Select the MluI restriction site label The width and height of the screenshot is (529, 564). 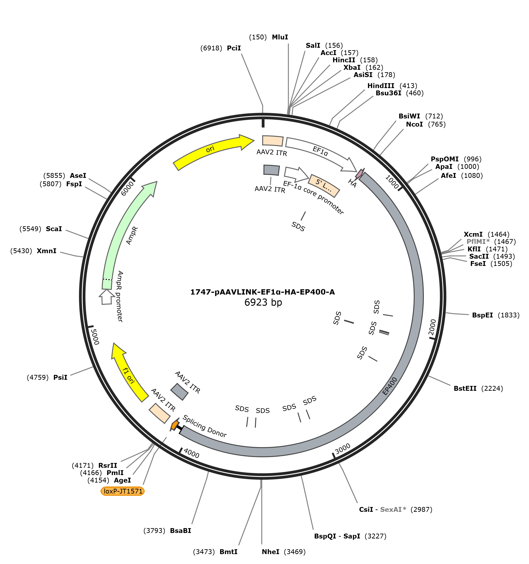[280, 37]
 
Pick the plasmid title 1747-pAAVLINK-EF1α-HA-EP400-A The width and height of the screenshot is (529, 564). [263, 292]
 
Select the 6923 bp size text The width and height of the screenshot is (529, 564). [263, 302]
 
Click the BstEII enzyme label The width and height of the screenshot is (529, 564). [465, 388]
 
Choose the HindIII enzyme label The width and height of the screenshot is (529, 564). [381, 86]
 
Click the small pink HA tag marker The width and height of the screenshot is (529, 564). [359, 173]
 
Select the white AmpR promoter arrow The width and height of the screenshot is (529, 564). [106, 297]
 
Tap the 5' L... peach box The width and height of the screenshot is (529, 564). [324, 186]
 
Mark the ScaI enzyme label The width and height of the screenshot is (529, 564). [54, 229]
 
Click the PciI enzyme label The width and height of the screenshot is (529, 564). [234, 48]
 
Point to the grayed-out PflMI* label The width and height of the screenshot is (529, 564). [478, 242]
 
